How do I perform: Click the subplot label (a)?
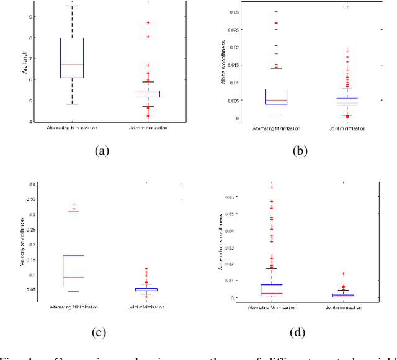point(100,150)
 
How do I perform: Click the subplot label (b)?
point(298,150)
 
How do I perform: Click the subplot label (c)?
point(100,332)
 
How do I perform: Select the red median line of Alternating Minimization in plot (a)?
point(72,64)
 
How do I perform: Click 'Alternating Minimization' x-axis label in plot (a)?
point(72,129)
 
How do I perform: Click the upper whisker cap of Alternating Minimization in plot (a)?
point(72,6)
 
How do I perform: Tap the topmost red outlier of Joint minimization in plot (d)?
point(343,274)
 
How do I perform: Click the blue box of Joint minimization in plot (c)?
point(147,289)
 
